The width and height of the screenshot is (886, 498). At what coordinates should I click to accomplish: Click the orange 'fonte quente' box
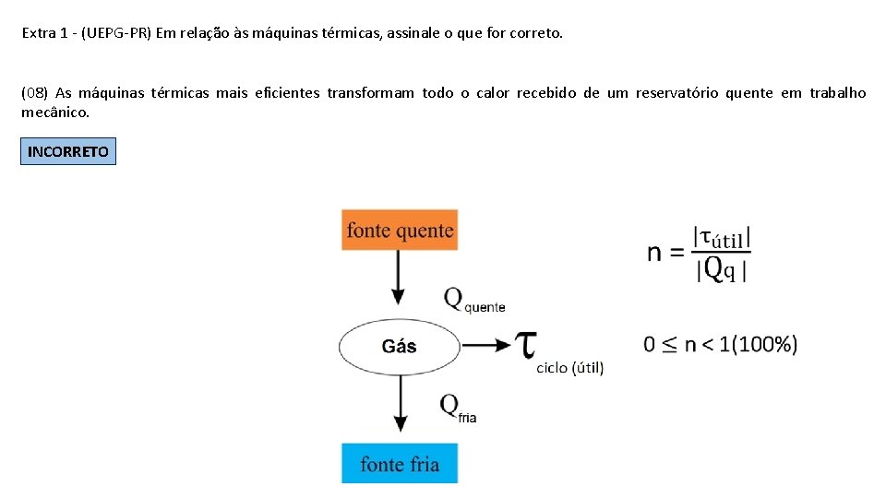tap(400, 230)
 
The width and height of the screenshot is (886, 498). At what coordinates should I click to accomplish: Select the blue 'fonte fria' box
tap(400, 463)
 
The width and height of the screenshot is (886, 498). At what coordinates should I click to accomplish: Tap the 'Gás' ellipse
tap(399, 347)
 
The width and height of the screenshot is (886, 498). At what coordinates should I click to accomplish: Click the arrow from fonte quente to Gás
tap(399, 277)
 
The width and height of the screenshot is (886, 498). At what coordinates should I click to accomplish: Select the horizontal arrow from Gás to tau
tap(485, 346)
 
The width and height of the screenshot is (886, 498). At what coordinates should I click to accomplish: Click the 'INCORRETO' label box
tap(68, 151)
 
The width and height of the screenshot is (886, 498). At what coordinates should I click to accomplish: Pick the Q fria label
tap(458, 408)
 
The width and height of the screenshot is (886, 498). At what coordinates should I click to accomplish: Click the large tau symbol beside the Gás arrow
tap(526, 345)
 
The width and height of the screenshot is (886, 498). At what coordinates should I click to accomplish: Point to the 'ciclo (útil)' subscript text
tap(569, 368)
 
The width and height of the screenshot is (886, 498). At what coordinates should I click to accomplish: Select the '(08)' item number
tap(34, 92)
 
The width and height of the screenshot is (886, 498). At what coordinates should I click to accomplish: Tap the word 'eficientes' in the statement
tap(284, 92)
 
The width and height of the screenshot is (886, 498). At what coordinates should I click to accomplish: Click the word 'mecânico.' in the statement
tap(55, 113)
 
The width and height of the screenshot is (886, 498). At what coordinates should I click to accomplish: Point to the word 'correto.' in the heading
tap(537, 33)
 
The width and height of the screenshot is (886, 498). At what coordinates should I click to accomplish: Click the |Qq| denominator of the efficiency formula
tap(724, 268)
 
